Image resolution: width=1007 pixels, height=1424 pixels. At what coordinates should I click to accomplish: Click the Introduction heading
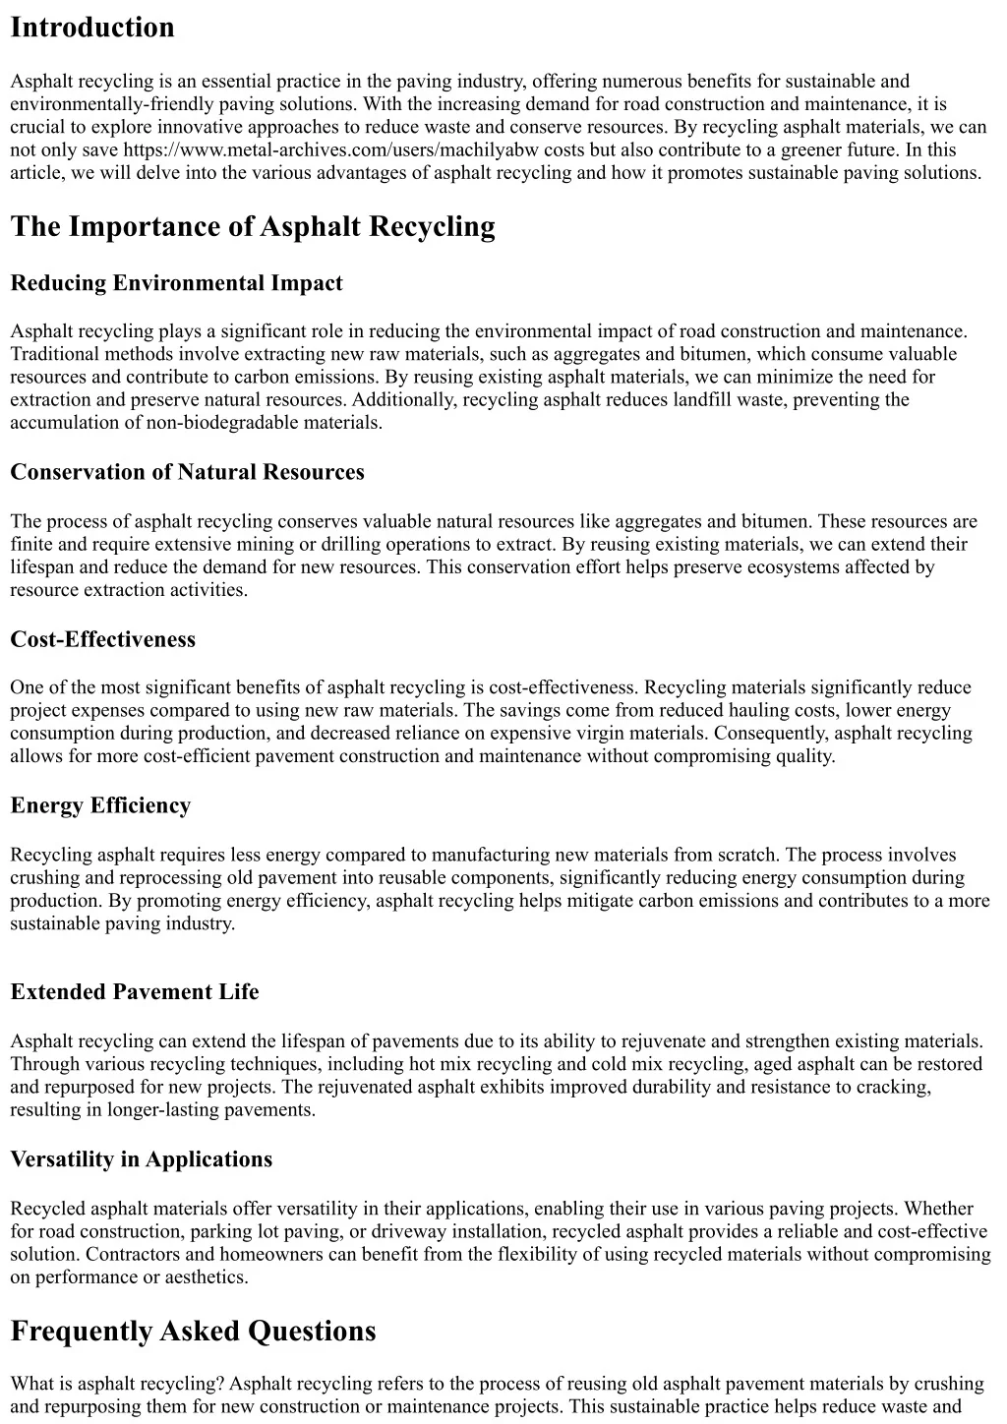click(92, 28)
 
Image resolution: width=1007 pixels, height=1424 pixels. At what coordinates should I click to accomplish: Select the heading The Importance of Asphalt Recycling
click(253, 227)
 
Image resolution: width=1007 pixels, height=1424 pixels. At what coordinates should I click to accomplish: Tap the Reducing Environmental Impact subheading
click(176, 283)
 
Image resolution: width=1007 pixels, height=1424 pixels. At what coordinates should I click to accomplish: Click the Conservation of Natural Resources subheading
click(187, 472)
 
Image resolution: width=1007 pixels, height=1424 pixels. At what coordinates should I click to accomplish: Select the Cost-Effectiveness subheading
click(103, 639)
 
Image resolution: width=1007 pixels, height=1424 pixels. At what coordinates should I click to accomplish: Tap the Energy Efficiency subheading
click(100, 805)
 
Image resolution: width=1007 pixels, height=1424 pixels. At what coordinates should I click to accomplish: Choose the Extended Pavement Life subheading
click(135, 992)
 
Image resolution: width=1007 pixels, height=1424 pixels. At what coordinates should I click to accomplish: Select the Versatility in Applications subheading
click(142, 1159)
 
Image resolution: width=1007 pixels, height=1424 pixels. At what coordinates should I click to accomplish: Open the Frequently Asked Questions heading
click(193, 1332)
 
